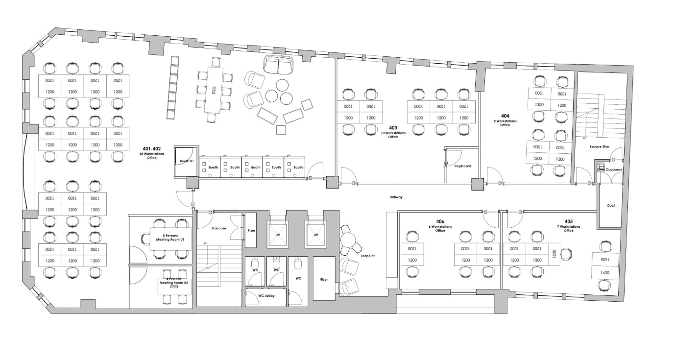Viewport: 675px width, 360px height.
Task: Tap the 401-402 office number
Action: click(152, 148)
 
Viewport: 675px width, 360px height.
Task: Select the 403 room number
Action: click(393, 128)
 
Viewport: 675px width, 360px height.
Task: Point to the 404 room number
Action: click(505, 116)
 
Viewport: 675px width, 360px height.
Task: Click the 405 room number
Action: click(568, 221)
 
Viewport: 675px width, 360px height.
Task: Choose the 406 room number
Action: click(440, 221)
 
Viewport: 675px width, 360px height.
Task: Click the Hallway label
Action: click(396, 197)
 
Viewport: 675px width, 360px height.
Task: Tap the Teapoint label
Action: click(367, 256)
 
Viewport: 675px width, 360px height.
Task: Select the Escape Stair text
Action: click(599, 146)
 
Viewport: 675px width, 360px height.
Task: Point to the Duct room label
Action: click(611, 206)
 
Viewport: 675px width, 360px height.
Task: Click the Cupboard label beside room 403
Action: click(462, 166)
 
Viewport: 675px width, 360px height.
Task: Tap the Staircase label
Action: click(218, 228)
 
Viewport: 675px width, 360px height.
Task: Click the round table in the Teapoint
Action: click(348, 240)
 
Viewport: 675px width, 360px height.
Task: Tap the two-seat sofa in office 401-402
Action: click(277, 64)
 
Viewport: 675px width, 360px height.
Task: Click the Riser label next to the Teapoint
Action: click(324, 280)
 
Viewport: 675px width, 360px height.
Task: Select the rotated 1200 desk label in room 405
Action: click(554, 254)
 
